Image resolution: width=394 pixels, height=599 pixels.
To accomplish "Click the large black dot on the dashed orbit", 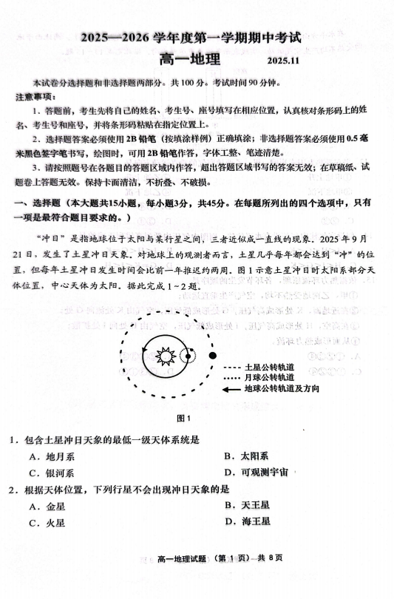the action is tap(213, 356).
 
